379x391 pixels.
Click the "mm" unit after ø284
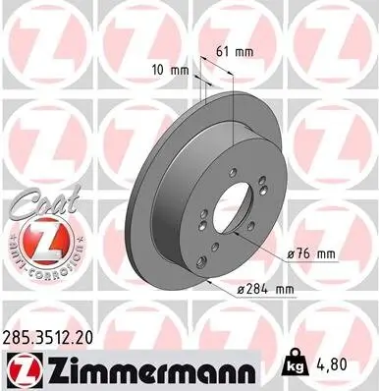(284, 289)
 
